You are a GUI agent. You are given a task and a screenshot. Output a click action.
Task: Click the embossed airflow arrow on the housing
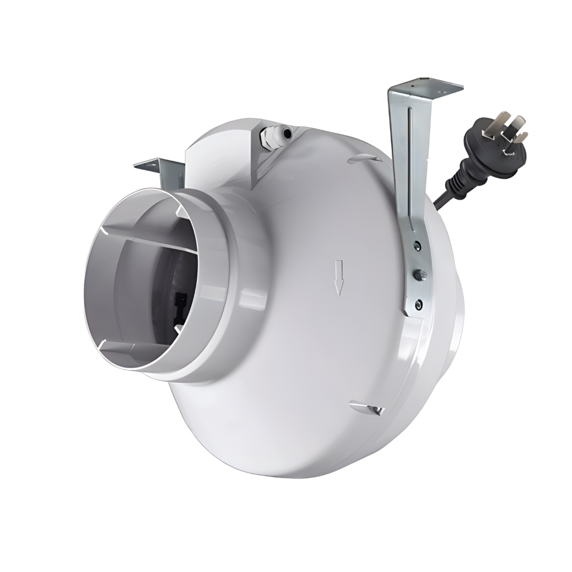(x=339, y=277)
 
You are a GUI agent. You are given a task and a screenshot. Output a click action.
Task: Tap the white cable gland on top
(x=270, y=137)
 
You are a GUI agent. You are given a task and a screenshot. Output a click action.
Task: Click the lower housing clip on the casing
(x=363, y=407)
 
